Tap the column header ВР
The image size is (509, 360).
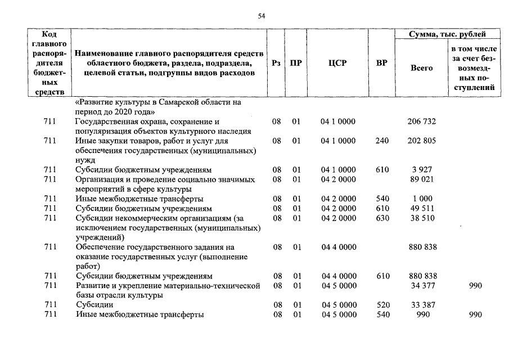coord(381,64)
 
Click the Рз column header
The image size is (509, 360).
coord(276,64)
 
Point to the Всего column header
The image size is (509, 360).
coord(421,68)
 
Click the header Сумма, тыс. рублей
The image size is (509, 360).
coord(447,35)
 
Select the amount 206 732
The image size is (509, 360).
coord(421,121)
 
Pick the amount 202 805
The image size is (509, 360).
coord(421,141)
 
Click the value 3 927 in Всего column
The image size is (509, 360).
coord(421,170)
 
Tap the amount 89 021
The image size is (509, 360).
coord(421,179)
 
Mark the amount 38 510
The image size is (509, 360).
coord(421,218)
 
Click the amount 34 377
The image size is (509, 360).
coord(421,286)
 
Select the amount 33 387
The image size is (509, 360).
coord(421,305)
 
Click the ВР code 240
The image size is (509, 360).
coord(382,141)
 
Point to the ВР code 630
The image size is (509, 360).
coord(382,218)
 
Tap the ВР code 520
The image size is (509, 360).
coord(382,305)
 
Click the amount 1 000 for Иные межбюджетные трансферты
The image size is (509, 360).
coord(421,199)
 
